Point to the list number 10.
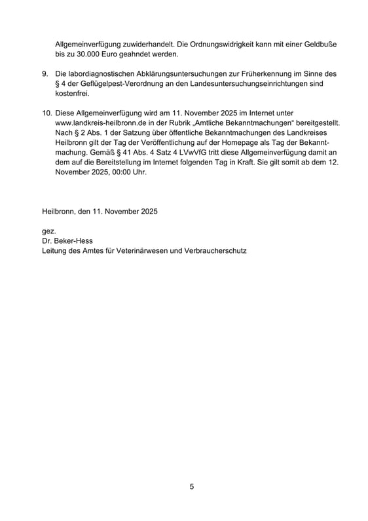[46, 113]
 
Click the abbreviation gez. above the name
[48, 231]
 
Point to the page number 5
[191, 487]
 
